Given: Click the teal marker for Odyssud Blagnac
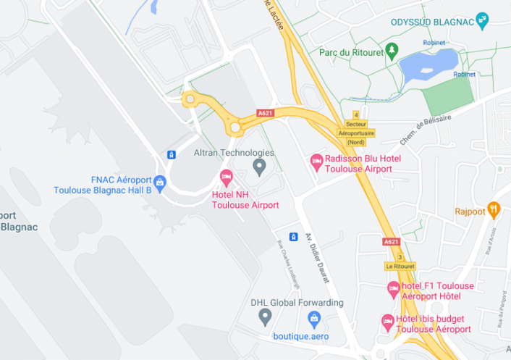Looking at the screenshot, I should pyautogui.click(x=483, y=21).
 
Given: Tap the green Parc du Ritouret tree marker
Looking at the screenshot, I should pyautogui.click(x=392, y=51).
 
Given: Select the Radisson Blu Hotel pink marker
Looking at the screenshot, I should pyautogui.click(x=316, y=162).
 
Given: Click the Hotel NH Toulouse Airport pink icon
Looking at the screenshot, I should pyautogui.click(x=226, y=177).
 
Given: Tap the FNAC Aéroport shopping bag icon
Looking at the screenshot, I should pyautogui.click(x=160, y=181).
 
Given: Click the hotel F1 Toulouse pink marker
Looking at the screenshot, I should pyautogui.click(x=393, y=290).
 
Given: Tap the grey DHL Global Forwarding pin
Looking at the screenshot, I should pyautogui.click(x=265, y=316).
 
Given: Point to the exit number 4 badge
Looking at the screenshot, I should pyautogui.click(x=356, y=114).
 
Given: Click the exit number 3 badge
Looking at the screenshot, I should pyautogui.click(x=399, y=256).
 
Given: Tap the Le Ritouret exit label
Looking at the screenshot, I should pyautogui.click(x=400, y=267).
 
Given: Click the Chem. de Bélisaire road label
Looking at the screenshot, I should pyautogui.click(x=425, y=130).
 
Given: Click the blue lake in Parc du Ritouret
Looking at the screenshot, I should pyautogui.click(x=427, y=64).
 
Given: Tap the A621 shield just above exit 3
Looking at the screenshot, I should pyautogui.click(x=390, y=242).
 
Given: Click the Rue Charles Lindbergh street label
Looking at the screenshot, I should pyautogui.click(x=284, y=264).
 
